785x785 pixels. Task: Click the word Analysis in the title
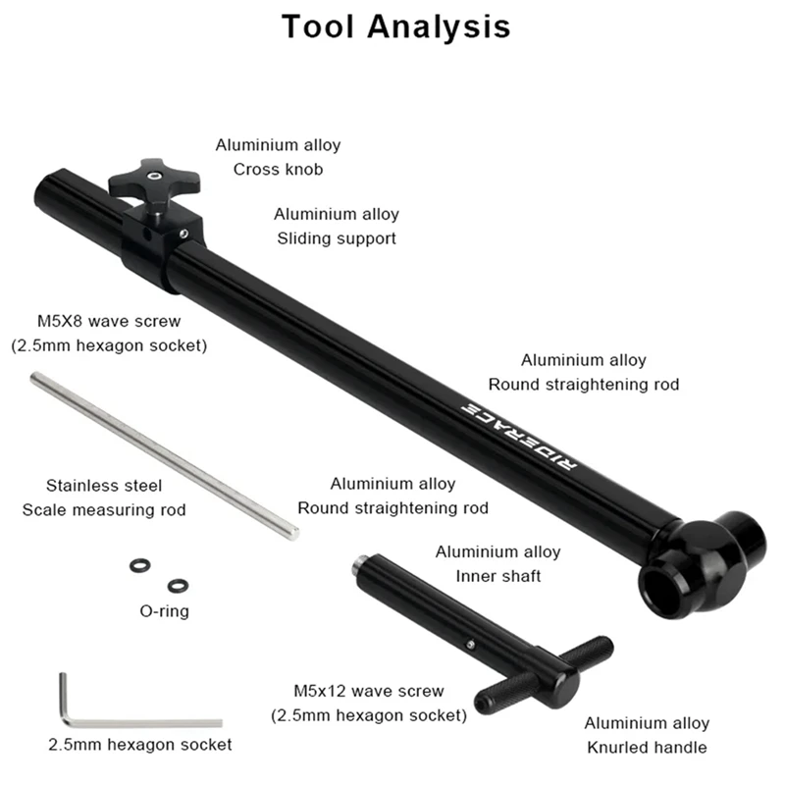pos(439,26)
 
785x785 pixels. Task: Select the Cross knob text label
pos(278,169)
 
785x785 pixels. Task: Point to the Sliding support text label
pos(337,237)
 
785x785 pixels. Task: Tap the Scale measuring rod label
pos(103,509)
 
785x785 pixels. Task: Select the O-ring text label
pos(164,611)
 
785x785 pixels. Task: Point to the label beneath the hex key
pos(140,744)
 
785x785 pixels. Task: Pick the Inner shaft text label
pos(497,576)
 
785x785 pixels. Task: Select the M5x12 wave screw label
pos(369,691)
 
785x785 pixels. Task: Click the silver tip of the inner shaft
pos(358,563)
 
